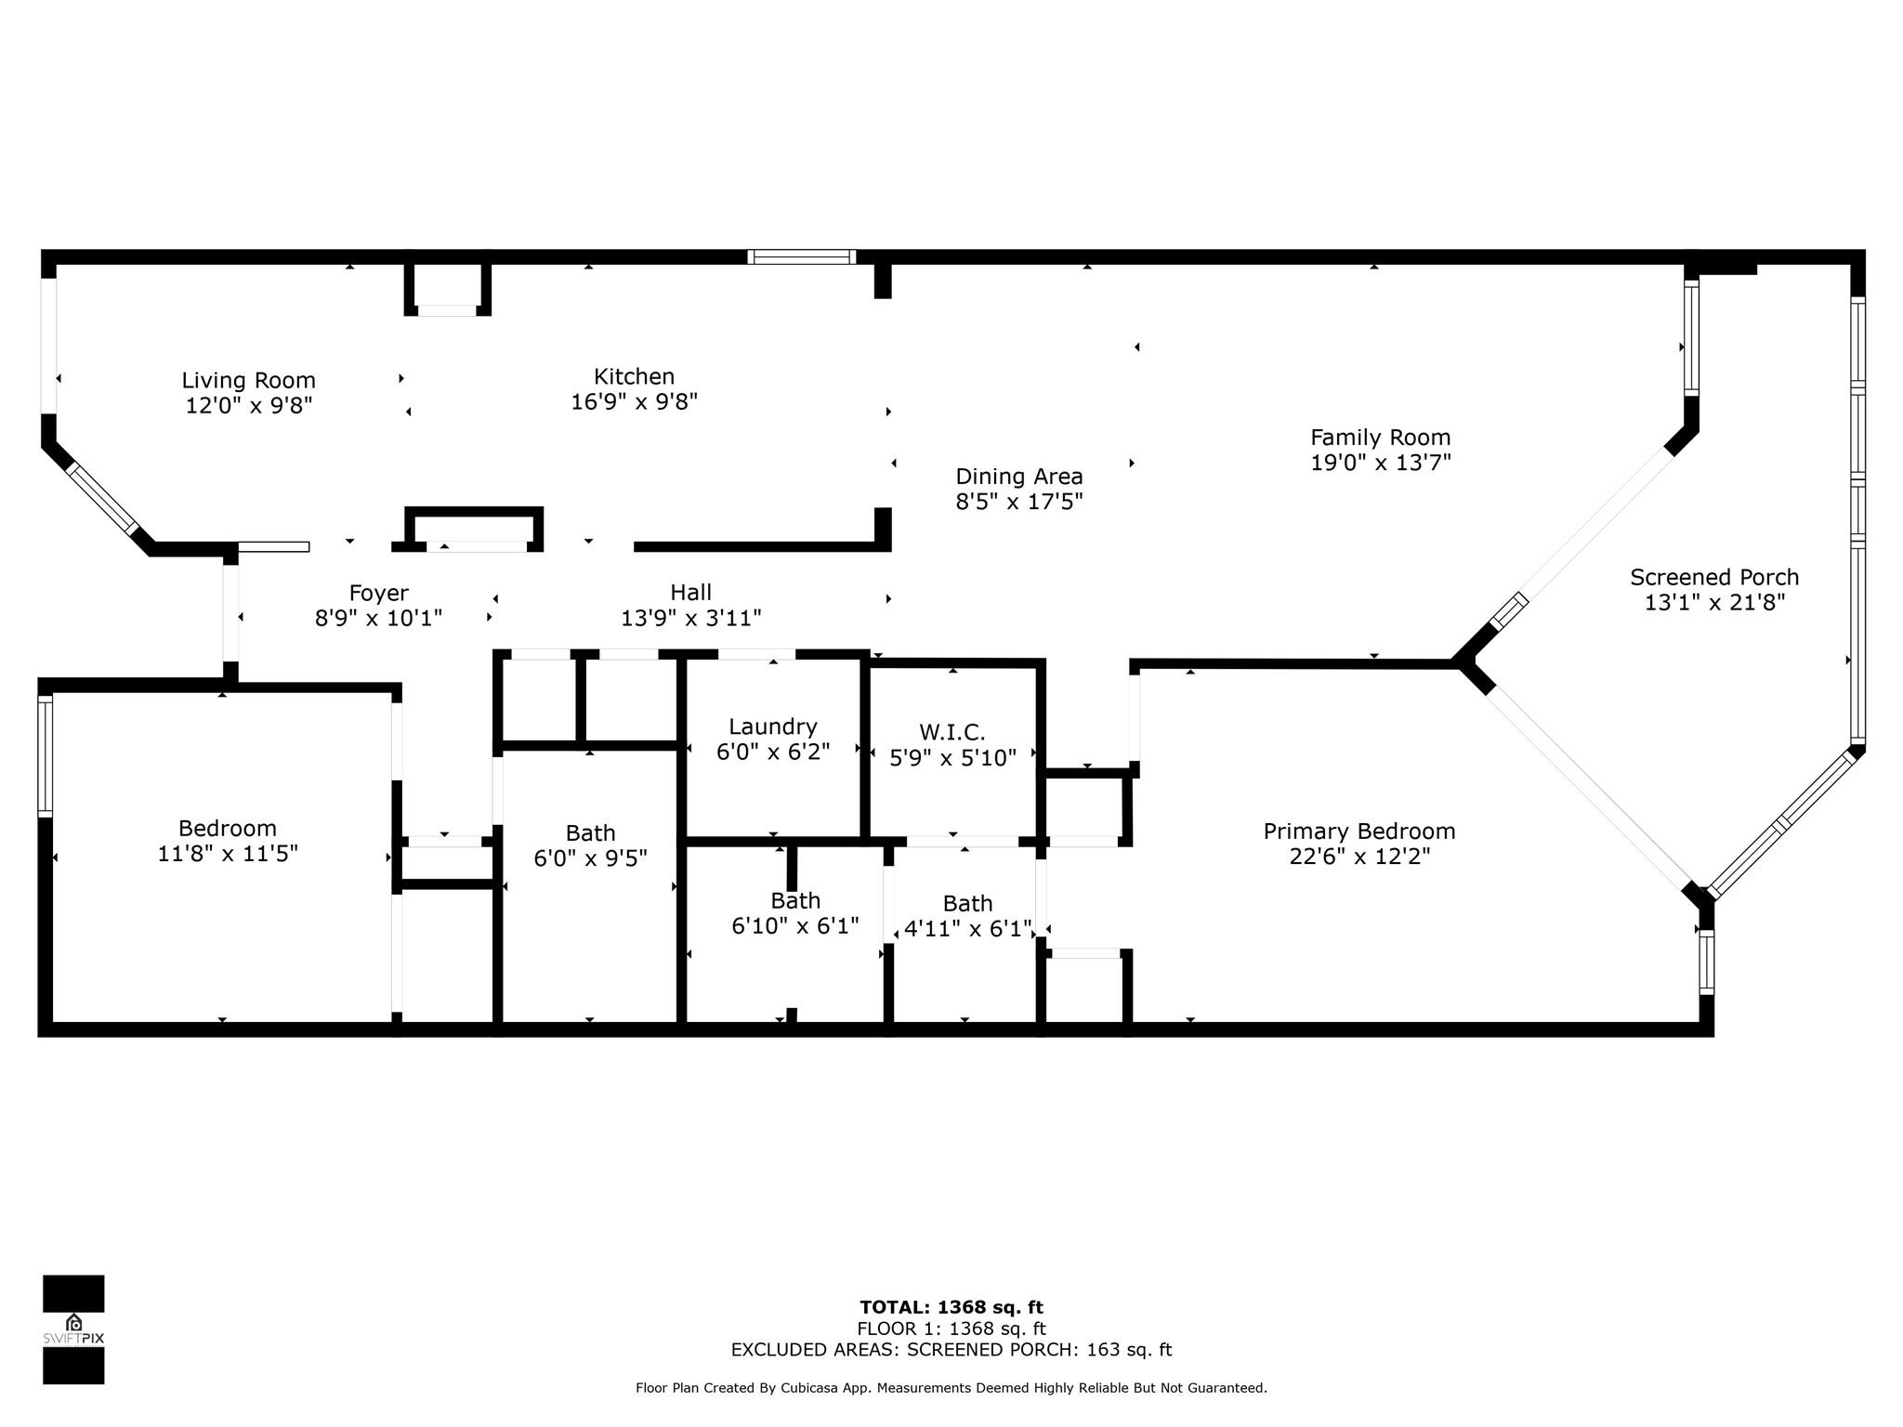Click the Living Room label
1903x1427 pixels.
248,380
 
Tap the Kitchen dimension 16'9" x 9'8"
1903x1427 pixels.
634,401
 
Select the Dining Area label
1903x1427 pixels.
1019,477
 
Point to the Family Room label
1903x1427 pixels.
1380,437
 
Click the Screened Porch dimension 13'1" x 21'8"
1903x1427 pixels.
1714,602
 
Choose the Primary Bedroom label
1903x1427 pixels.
1359,831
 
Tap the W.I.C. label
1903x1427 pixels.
951,733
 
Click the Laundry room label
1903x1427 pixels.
773,727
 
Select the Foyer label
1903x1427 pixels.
378,593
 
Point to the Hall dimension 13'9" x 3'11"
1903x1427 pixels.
691,617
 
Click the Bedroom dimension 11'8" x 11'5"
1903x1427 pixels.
228,853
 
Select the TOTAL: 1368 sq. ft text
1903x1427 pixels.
951,1308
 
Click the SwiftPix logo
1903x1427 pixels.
73,1329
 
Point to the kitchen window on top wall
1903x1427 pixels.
802,256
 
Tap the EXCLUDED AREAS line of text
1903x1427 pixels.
951,1350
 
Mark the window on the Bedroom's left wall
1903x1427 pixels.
46,756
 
